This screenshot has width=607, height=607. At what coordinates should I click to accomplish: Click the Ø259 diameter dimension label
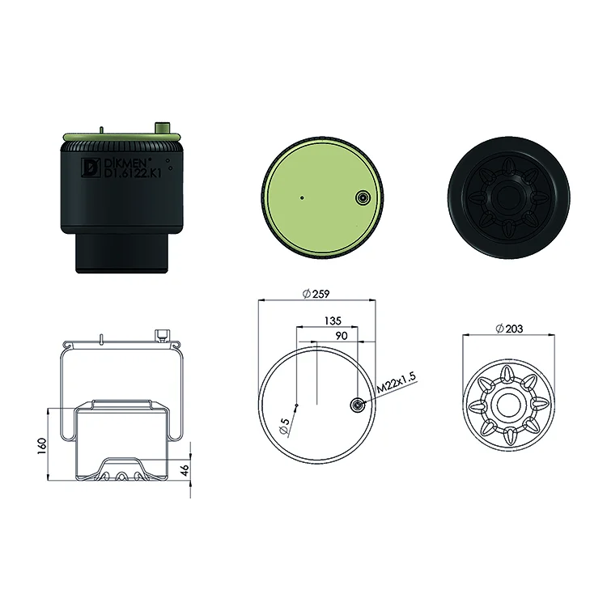(x=316, y=294)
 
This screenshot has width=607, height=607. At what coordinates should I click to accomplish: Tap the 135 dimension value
(x=333, y=320)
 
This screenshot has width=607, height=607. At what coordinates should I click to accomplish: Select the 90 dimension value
(x=342, y=336)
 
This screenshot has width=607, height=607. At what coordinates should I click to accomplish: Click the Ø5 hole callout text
(x=284, y=427)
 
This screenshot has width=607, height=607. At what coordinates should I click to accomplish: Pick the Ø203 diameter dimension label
(x=509, y=329)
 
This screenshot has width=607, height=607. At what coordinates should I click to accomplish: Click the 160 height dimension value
(x=42, y=446)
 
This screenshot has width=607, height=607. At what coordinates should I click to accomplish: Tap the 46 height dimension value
(x=185, y=470)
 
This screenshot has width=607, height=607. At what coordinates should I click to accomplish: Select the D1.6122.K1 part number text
(x=133, y=173)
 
